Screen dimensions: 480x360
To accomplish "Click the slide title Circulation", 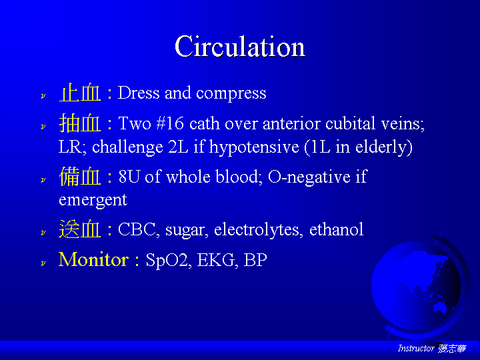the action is [x=240, y=46].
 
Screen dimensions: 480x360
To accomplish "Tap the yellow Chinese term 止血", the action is [x=80, y=93].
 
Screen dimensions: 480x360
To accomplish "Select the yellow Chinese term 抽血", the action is [x=80, y=123].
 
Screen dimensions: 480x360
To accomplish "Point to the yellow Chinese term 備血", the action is [x=80, y=176].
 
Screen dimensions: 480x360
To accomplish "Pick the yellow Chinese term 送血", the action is [x=80, y=229].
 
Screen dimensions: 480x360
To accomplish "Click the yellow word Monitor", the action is [x=94, y=259].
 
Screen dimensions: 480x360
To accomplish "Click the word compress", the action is [x=231, y=94].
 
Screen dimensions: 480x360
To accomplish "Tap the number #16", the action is [x=170, y=123].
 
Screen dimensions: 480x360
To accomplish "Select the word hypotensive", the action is [x=254, y=147].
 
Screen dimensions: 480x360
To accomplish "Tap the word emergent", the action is [x=93, y=201].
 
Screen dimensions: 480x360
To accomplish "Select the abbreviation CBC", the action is [x=137, y=229].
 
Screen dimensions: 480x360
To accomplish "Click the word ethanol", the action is [x=336, y=229].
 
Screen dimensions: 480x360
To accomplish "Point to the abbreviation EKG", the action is [x=216, y=260].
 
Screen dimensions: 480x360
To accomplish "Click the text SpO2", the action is [x=167, y=261].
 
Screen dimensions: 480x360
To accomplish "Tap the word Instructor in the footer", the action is [x=416, y=348].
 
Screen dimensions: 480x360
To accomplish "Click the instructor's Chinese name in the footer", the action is [x=452, y=349].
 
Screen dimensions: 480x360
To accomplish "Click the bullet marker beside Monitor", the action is [x=43, y=263].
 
